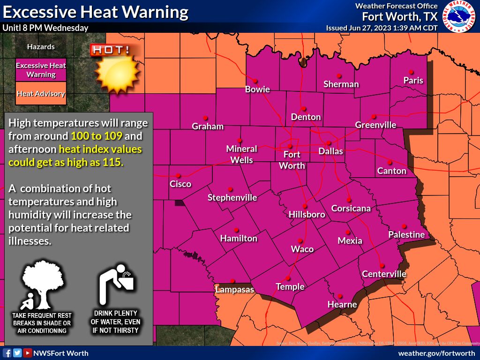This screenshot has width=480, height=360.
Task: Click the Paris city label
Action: pos(413,80)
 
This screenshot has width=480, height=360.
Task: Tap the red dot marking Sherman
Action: pos(338,75)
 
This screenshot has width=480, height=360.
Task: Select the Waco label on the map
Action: pos(302,249)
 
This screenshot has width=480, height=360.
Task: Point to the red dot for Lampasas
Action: pos(232,281)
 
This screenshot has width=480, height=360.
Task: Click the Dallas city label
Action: pos(330,151)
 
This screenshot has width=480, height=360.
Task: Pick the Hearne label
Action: pos(342,304)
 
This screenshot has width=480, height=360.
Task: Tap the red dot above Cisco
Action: pos(179,176)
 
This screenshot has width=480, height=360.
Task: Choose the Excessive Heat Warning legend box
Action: pos(41,70)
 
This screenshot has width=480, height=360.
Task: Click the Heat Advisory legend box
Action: pos(41,94)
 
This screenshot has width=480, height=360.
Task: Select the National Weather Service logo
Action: pos(461,16)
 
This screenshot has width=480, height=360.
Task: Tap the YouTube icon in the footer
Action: pos(28,353)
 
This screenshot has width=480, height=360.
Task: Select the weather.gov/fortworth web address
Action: pos(436,353)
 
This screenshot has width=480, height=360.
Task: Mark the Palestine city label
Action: pos(406,234)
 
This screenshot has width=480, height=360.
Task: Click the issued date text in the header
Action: pos(382,28)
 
